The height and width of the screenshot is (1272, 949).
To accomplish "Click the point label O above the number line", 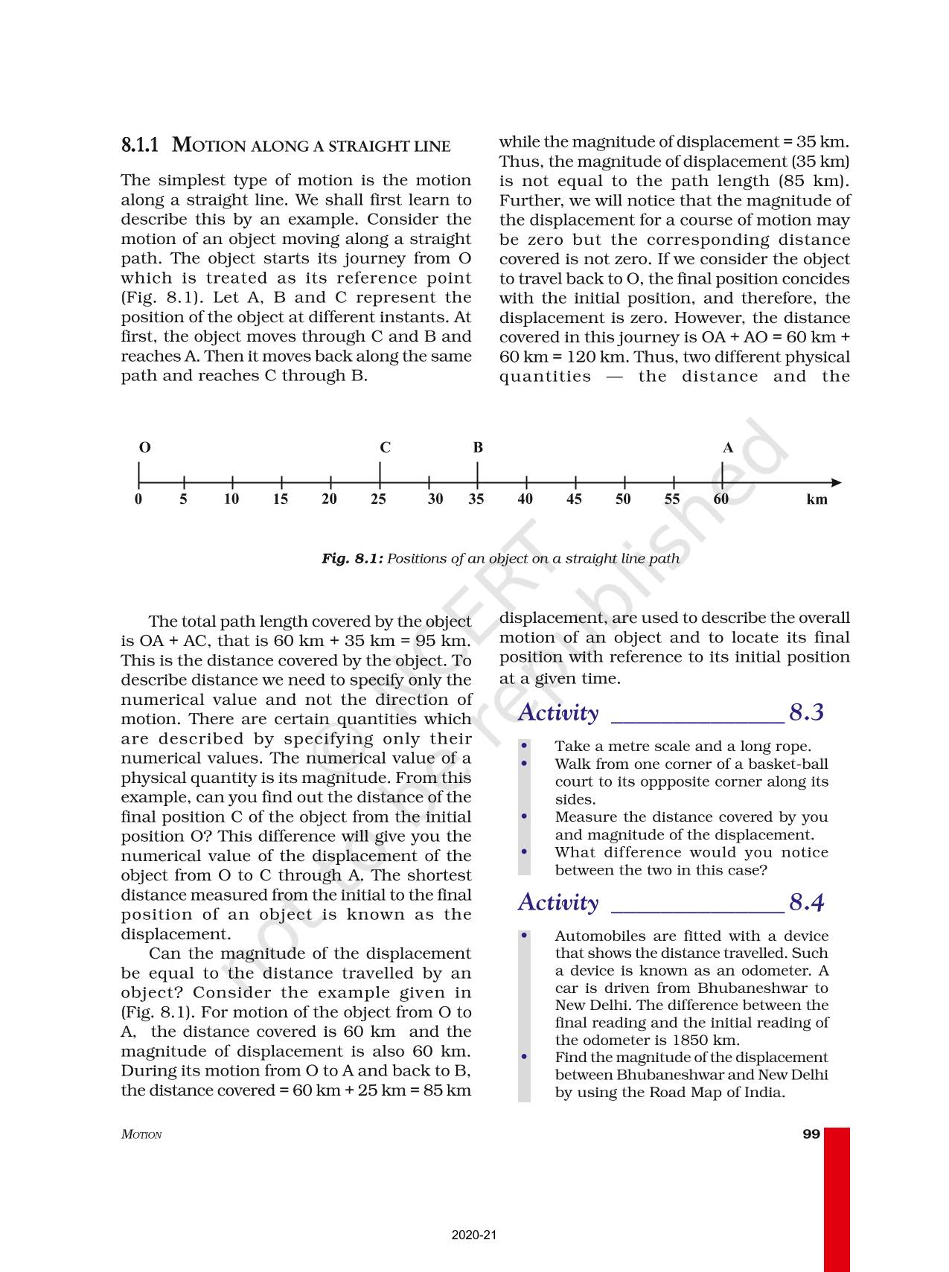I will pyautogui.click(x=145, y=447).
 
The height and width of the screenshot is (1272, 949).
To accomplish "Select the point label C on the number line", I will pyautogui.click(x=385, y=447).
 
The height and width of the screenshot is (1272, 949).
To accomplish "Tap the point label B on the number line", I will pyautogui.click(x=478, y=447).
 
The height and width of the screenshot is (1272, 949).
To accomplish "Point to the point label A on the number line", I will pyautogui.click(x=728, y=447).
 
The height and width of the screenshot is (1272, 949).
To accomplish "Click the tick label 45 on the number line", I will pyautogui.click(x=574, y=499).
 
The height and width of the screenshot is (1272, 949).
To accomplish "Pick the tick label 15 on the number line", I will pyautogui.click(x=281, y=499).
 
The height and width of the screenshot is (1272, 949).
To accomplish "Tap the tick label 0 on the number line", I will pyautogui.click(x=138, y=499).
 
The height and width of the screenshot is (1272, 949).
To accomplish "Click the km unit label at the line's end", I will pyautogui.click(x=817, y=499).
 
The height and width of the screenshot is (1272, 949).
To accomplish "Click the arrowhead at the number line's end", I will pyautogui.click(x=836, y=482).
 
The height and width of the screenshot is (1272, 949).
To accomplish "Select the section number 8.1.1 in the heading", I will pyautogui.click(x=140, y=144).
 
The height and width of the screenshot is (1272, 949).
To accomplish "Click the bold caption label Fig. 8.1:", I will pyautogui.click(x=352, y=558).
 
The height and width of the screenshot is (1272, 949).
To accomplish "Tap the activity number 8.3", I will pyautogui.click(x=806, y=712).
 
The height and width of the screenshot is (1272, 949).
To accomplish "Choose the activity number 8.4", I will pyautogui.click(x=806, y=902).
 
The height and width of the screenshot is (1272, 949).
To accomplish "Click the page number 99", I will pyautogui.click(x=811, y=1134).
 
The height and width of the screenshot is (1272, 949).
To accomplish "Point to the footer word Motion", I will pyautogui.click(x=141, y=1134).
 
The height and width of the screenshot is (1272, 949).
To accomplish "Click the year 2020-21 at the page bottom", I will pyautogui.click(x=473, y=1235).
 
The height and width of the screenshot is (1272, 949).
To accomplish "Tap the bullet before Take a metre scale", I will pyautogui.click(x=525, y=745).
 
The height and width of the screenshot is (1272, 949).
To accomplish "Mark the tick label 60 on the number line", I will pyautogui.click(x=720, y=499).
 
